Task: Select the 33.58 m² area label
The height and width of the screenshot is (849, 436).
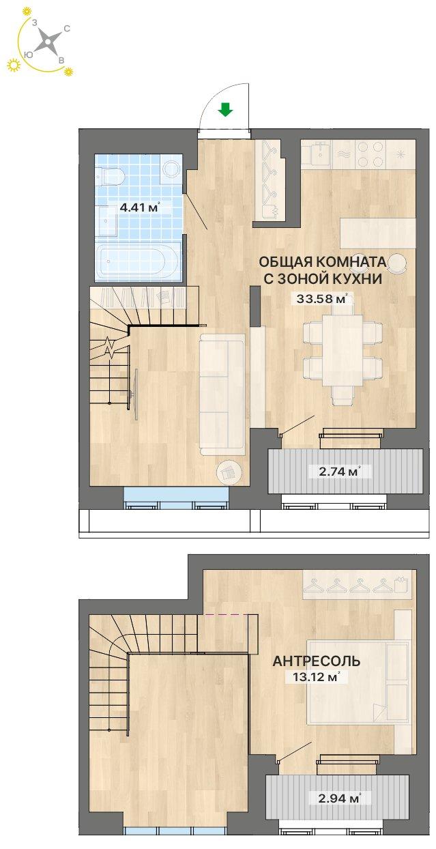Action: (x=322, y=299)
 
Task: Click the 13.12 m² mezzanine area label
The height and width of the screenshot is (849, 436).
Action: (x=315, y=677)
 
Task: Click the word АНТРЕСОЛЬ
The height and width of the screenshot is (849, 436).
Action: (x=317, y=661)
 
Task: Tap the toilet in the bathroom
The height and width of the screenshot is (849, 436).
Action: (x=111, y=175)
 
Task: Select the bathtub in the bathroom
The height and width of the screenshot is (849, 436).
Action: (x=136, y=261)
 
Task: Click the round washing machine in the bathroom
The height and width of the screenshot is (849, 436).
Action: (x=171, y=169)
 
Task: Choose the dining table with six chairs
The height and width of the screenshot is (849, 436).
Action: (x=342, y=354)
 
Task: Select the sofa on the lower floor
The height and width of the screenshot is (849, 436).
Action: (x=221, y=394)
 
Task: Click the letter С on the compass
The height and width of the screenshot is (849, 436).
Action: (x=67, y=29)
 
